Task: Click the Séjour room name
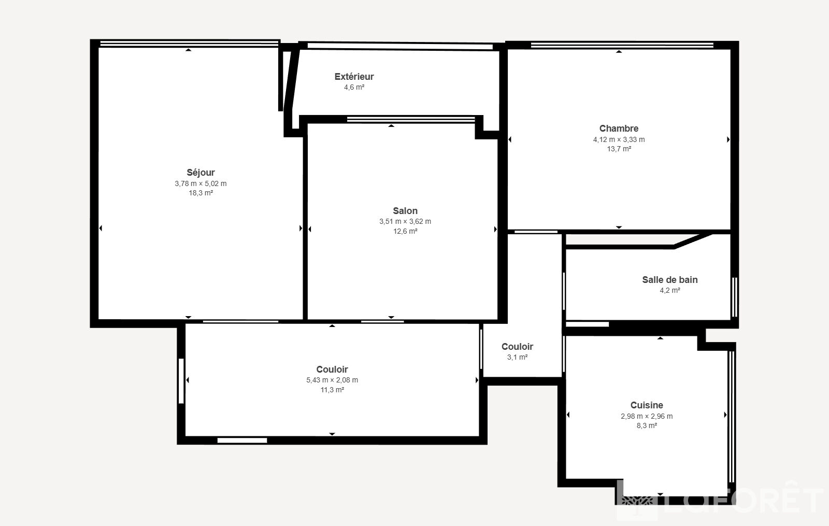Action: tap(201, 173)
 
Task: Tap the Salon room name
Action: tap(405, 211)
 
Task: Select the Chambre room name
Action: tap(619, 129)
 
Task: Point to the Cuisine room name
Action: tap(647, 405)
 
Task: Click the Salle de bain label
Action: tap(670, 280)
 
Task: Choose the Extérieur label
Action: tap(354, 77)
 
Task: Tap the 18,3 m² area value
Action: tap(201, 193)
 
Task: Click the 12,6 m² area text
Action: tap(405, 231)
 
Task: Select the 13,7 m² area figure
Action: tap(619, 149)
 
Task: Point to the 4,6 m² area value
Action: tap(354, 88)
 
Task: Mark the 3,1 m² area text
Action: tap(517, 357)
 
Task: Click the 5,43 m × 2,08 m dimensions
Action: tap(332, 380)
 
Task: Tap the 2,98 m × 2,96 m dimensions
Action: tap(647, 416)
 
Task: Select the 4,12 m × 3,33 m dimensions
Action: tap(619, 139)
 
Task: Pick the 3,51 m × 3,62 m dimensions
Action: tap(405, 221)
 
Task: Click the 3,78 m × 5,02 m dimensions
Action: tap(201, 183)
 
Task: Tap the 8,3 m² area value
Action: tap(647, 425)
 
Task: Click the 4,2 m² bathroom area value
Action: tap(670, 291)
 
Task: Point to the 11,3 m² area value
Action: tap(332, 390)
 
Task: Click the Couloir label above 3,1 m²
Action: tap(517, 347)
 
